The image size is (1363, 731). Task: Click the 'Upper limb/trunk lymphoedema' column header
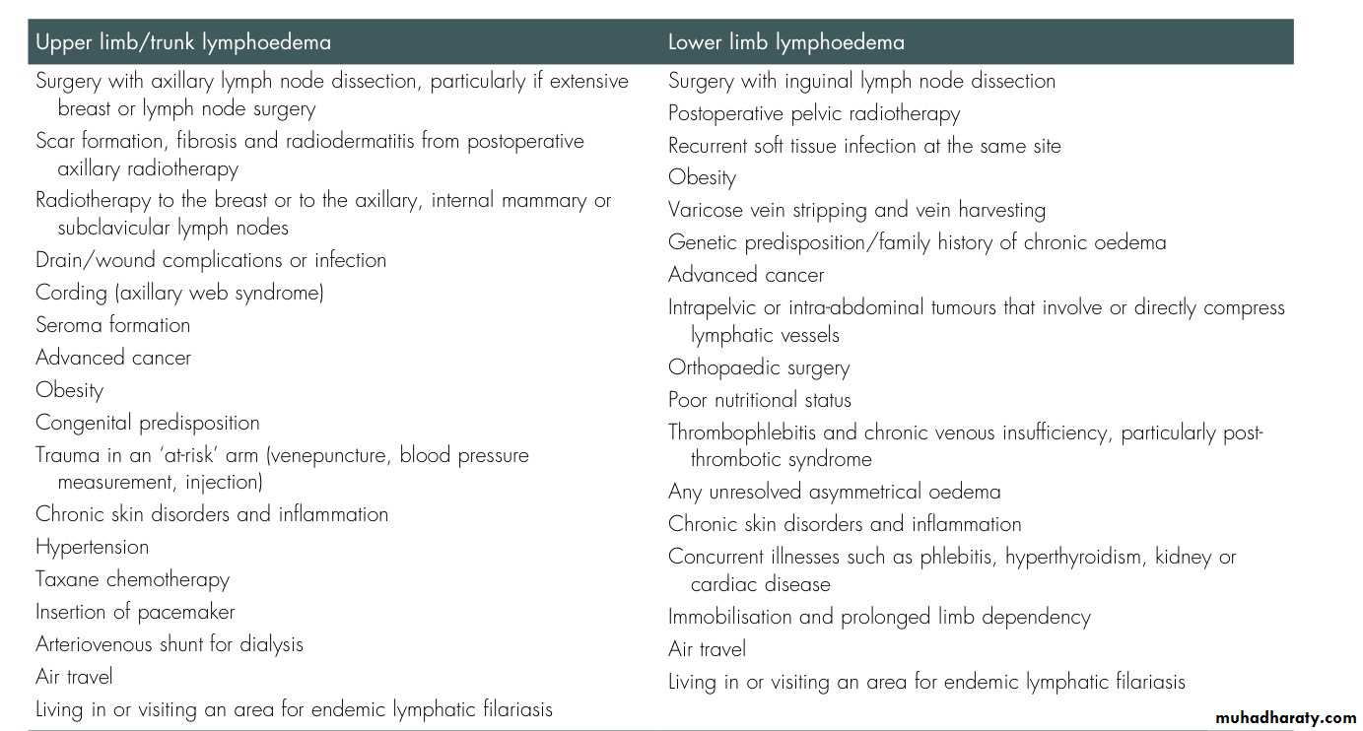click(x=183, y=42)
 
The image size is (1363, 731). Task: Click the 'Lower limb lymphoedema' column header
click(x=785, y=42)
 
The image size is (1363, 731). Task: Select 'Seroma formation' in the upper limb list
click(x=112, y=325)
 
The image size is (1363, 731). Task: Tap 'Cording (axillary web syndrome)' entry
click(x=179, y=293)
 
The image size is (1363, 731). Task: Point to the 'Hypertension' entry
click(x=92, y=547)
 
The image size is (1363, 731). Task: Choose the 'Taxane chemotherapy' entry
click(x=132, y=579)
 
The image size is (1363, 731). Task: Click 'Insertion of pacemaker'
click(x=135, y=612)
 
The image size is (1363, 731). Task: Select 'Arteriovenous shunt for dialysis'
click(x=169, y=644)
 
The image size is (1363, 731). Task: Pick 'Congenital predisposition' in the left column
click(x=147, y=423)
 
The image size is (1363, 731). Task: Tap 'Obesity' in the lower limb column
click(x=702, y=178)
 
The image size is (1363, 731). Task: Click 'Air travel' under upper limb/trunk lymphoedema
click(x=74, y=677)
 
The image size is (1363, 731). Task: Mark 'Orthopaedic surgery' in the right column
click(x=758, y=368)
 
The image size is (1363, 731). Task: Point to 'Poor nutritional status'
click(x=759, y=400)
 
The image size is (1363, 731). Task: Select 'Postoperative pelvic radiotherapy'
click(x=813, y=114)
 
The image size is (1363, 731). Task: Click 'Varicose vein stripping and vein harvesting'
click(x=856, y=210)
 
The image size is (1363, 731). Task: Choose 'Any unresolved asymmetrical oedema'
click(x=834, y=492)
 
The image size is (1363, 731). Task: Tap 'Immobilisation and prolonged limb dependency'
click(x=879, y=618)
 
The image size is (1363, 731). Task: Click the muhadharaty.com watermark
click(x=1285, y=718)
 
